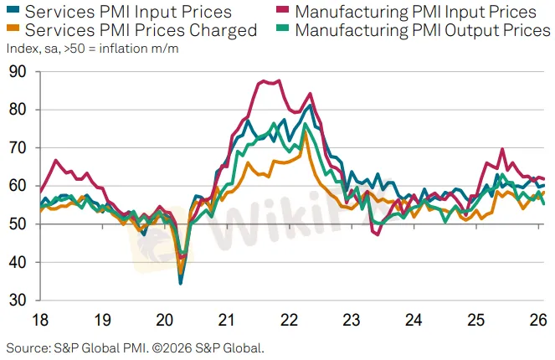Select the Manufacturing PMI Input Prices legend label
click(415, 12)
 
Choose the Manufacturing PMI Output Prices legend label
click(423, 31)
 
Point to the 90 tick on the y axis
click(18, 72)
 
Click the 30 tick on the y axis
click(18, 301)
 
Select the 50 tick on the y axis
click(18, 224)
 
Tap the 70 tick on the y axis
click(18, 148)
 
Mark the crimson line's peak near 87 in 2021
click(264, 81)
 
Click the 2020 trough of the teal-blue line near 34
click(180, 283)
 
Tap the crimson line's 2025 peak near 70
click(502, 150)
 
